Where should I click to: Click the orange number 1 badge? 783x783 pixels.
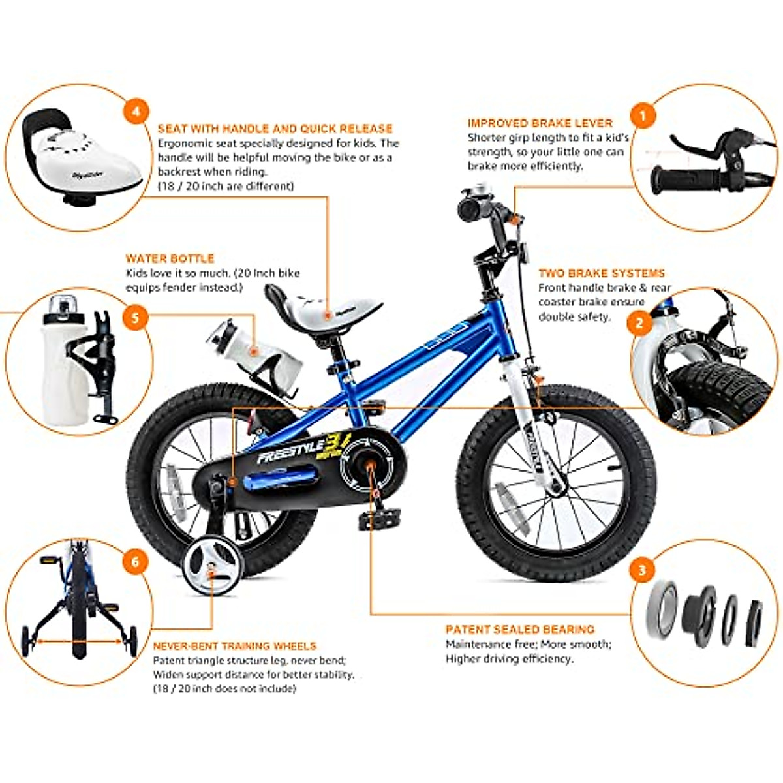643,117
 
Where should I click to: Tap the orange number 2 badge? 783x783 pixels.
639,322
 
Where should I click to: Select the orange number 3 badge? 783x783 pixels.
641,570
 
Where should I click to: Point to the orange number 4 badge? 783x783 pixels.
136,112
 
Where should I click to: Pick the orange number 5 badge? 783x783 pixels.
135,318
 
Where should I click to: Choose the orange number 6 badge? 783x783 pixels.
136,561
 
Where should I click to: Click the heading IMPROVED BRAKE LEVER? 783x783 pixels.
540,123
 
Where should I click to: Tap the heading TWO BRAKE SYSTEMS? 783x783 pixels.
601,273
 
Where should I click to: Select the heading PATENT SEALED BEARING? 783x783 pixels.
519,630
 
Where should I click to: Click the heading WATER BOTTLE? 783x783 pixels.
170,258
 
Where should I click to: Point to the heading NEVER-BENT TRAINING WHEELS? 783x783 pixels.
234,646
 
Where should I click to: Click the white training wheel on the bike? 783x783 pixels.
210,570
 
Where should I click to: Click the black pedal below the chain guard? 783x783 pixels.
376,520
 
